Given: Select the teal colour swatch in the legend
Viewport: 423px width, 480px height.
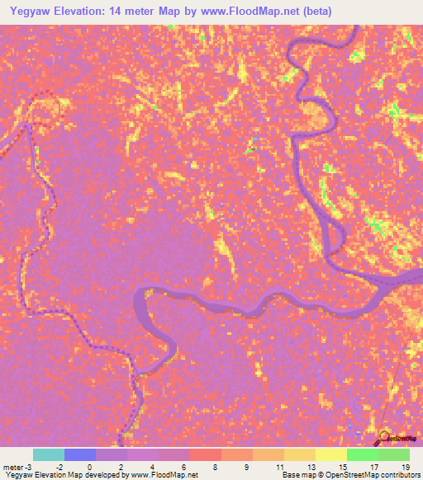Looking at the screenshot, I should pos(48,454).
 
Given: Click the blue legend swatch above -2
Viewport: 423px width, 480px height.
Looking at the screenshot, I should pos(79,454).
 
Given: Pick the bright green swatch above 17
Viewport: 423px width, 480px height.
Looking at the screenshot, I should pos(362,454).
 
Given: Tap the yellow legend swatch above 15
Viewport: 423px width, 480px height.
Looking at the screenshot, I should pos(330,454).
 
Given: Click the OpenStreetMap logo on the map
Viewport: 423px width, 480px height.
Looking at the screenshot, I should pos(395,438).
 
